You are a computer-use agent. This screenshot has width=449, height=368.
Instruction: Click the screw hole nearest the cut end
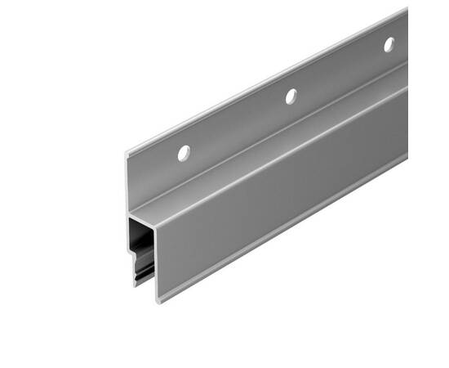[x=184, y=152]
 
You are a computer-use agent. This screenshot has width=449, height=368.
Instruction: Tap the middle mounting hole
[x=290, y=96]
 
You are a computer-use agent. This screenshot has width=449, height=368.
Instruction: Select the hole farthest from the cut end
[x=389, y=44]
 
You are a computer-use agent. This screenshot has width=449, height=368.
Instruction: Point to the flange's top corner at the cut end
[x=127, y=153]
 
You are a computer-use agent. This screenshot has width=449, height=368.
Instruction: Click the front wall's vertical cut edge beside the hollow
[x=156, y=262]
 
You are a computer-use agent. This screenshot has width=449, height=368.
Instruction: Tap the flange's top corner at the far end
[x=407, y=10]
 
